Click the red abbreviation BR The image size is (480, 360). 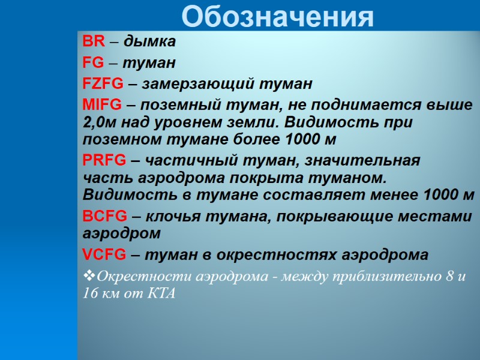[x=94, y=42]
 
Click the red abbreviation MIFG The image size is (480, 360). [x=101, y=105]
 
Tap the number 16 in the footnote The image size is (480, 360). [x=91, y=294]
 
